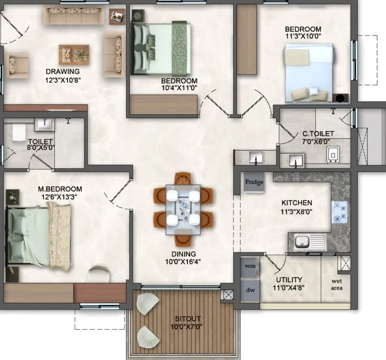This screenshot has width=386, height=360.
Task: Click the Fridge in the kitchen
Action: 254,182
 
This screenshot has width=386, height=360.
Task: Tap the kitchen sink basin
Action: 302,242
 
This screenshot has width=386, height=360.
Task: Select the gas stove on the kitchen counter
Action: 339,212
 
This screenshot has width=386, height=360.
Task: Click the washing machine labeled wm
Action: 250,266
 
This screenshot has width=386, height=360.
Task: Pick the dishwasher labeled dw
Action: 250,290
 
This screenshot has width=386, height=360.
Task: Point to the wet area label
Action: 337,285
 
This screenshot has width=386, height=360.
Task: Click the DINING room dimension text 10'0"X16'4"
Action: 183,262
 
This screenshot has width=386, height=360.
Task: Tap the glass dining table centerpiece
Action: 183,210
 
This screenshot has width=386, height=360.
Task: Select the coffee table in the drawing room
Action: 74,55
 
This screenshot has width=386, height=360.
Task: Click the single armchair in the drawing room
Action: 17,65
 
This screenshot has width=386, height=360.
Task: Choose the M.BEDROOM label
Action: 60,189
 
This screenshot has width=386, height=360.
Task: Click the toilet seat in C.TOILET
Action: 333,155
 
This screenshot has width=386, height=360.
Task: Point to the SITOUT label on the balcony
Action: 187,319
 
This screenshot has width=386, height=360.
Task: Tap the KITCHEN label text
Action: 296,203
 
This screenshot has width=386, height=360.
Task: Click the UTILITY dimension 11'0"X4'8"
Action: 289,288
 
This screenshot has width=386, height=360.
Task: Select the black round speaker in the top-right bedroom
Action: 340,98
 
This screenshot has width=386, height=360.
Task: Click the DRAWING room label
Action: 63,72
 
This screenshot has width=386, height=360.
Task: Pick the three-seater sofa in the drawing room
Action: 74,16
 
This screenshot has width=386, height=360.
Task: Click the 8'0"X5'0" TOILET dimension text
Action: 41,148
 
